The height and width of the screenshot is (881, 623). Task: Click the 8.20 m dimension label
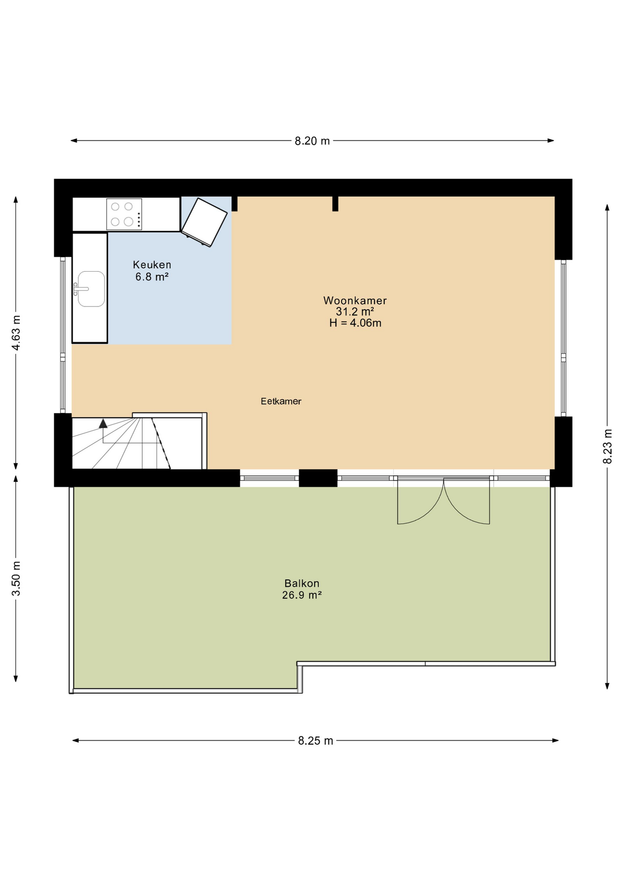[312, 141]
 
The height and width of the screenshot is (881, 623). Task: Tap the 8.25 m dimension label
[315, 741]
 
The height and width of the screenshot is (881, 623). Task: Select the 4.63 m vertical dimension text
[16, 333]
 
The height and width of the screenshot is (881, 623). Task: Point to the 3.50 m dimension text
[16, 579]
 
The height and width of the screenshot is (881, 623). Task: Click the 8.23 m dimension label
[607, 446]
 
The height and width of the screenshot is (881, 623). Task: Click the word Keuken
[152, 265]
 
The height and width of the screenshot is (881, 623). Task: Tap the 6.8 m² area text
[152, 277]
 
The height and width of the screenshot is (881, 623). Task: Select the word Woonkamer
[355, 301]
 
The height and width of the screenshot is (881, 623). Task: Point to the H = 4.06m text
[355, 323]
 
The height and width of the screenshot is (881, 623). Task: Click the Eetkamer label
[281, 401]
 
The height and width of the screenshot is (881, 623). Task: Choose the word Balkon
[301, 583]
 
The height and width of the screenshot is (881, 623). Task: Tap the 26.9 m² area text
[301, 595]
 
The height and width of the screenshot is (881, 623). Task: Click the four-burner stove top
[124, 214]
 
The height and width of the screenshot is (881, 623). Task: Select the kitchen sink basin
[91, 289]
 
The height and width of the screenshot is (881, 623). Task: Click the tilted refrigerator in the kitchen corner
[204, 222]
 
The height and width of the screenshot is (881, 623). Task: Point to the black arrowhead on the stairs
[103, 424]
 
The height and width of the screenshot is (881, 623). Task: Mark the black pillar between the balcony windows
[318, 478]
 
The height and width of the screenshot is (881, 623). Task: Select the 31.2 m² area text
[355, 312]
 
